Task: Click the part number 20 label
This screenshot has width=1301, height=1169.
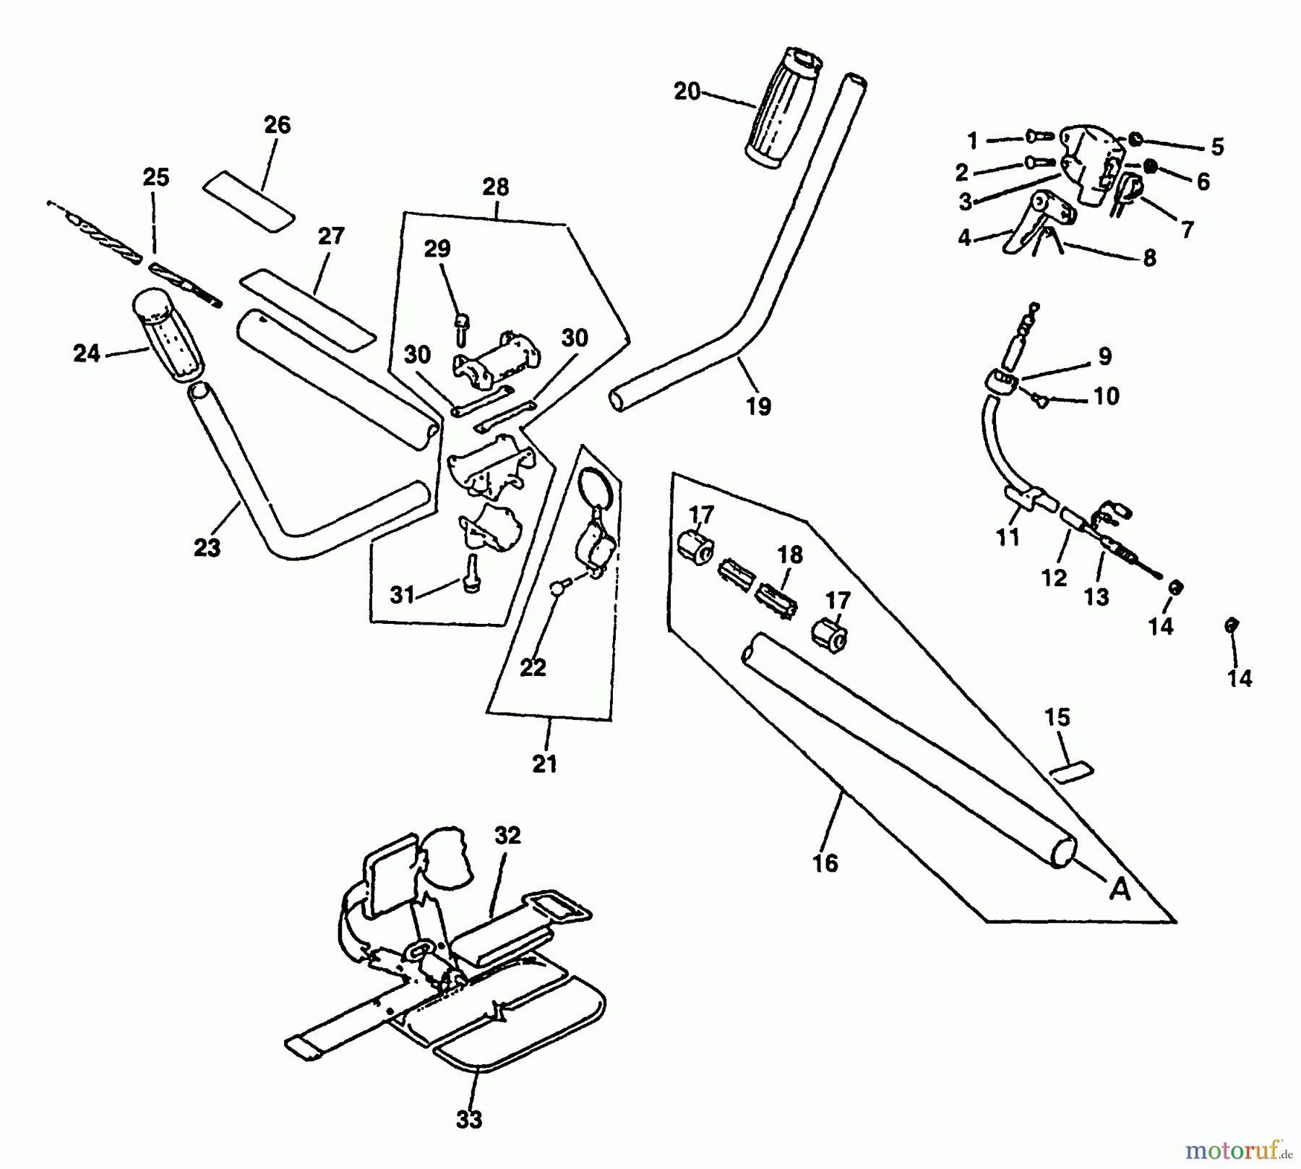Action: tap(687, 92)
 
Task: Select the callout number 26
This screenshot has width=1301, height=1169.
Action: tap(277, 125)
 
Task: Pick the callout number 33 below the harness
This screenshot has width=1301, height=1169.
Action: tap(469, 1120)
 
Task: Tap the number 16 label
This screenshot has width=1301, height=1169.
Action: tap(825, 862)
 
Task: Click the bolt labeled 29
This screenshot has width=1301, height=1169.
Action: tap(460, 326)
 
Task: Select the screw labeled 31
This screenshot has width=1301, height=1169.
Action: tap(472, 573)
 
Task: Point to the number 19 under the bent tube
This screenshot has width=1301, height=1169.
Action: tap(758, 406)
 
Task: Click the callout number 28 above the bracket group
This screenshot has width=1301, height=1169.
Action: tap(496, 187)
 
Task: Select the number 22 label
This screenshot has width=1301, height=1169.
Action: tap(533, 667)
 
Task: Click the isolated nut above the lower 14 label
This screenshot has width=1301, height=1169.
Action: tap(1229, 625)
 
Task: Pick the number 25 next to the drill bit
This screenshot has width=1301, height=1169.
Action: tap(156, 178)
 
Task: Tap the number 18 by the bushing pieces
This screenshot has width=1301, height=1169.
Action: tap(790, 555)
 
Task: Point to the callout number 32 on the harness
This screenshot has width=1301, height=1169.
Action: tap(507, 835)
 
